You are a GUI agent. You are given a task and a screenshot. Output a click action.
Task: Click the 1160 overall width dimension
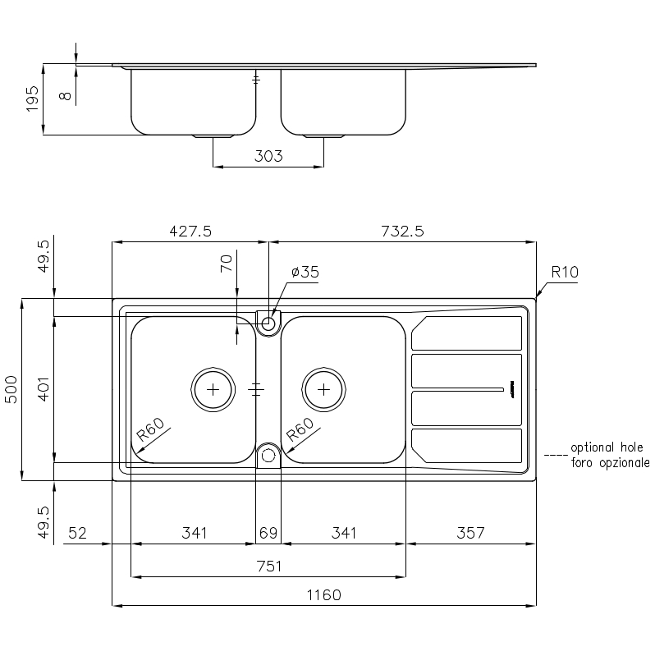(323, 595)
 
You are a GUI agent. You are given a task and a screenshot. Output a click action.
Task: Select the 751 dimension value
(268, 566)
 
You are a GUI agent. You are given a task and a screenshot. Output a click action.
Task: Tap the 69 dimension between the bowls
(268, 534)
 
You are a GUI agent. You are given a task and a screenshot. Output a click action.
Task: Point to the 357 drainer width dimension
(470, 534)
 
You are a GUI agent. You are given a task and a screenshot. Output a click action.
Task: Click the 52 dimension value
(77, 534)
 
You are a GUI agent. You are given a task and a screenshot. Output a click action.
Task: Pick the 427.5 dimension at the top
(190, 232)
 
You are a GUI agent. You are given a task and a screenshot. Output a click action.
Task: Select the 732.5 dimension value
(402, 232)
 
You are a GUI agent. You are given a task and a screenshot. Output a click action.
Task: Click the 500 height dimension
(11, 389)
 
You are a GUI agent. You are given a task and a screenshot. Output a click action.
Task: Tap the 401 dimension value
(44, 389)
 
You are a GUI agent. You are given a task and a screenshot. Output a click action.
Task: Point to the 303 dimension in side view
(268, 156)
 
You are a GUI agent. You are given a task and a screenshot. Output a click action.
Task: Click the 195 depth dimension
(34, 99)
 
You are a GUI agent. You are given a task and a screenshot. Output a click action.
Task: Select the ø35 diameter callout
(305, 273)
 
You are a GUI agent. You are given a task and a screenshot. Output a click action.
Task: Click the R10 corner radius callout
(565, 273)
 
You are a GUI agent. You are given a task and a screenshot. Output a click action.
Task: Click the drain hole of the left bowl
(213, 389)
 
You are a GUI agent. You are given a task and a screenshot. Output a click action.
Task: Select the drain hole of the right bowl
(323, 389)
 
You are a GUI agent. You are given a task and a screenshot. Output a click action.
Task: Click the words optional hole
(607, 447)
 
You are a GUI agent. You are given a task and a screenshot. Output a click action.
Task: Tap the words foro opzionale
(610, 463)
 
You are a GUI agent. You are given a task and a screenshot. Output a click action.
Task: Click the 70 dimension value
(227, 263)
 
